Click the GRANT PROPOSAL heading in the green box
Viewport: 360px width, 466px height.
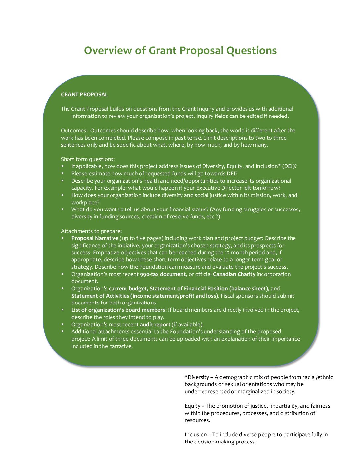[84, 95]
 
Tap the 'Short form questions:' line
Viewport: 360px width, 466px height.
[88, 159]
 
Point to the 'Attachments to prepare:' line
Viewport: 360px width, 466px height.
[91, 231]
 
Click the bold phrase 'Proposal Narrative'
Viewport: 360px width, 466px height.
[95, 238]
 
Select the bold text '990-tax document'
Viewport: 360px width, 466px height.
[162, 274]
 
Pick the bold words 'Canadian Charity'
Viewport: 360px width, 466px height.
[234, 274]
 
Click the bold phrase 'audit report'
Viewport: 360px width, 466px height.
[155, 325]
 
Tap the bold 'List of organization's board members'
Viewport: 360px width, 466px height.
[118, 310]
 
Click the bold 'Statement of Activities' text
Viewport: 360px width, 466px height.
[100, 296]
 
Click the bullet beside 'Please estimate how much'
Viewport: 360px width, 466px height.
[62, 174]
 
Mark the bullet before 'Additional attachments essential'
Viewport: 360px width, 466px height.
[62, 332]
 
